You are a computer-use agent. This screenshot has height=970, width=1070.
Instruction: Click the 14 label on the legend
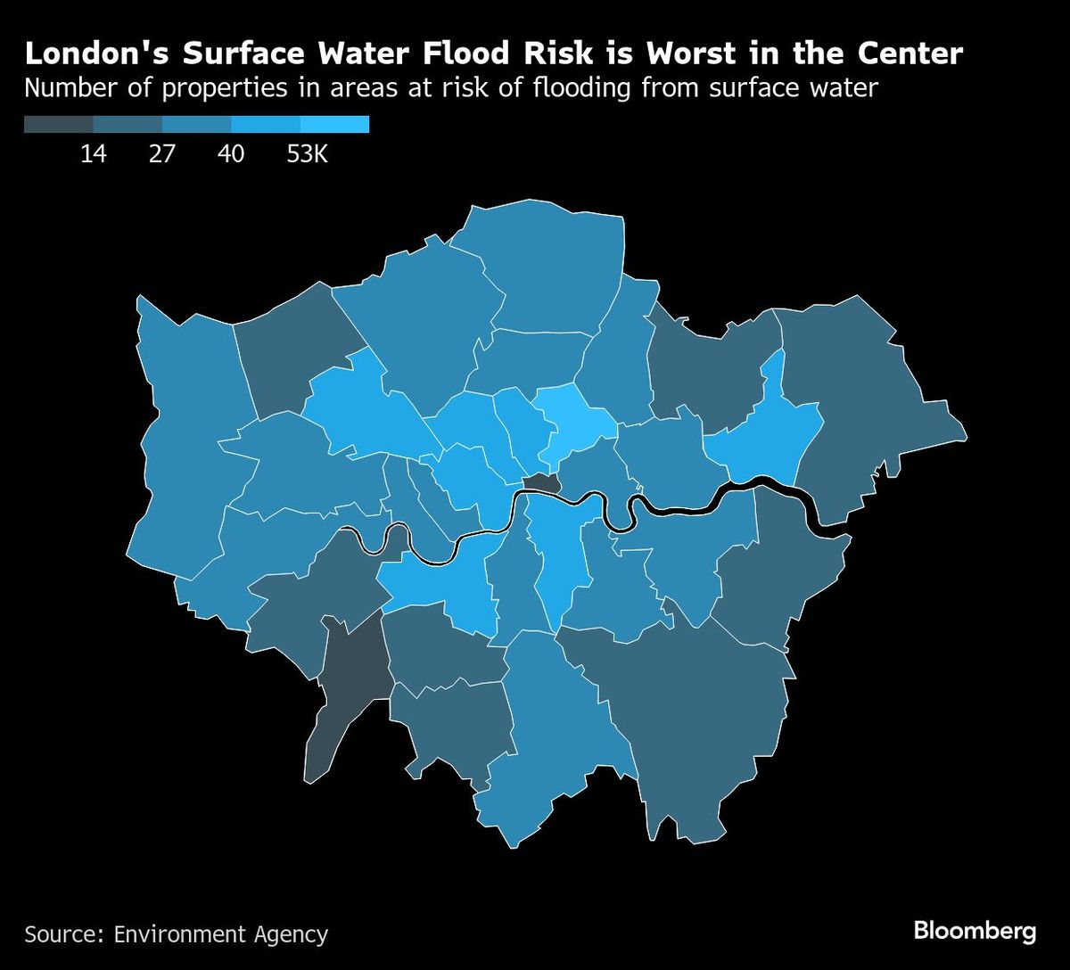pyautogui.click(x=93, y=154)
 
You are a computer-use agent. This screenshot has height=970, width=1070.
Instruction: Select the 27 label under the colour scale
pyautogui.click(x=162, y=154)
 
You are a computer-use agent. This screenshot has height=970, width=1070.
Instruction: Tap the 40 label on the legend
pyautogui.click(x=231, y=154)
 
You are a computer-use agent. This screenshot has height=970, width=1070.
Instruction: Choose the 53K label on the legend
pyautogui.click(x=308, y=154)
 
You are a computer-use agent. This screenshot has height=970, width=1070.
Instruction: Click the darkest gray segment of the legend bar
pyautogui.click(x=58, y=125)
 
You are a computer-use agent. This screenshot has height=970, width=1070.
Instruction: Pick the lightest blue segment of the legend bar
pyautogui.click(x=334, y=125)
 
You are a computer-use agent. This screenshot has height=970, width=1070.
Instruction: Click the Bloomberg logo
pyautogui.click(x=975, y=932)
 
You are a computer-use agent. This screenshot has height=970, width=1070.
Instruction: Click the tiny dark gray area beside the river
pyautogui.click(x=540, y=484)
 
